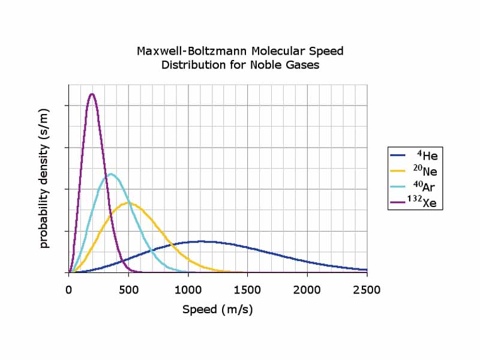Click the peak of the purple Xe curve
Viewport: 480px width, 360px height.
click(x=92, y=94)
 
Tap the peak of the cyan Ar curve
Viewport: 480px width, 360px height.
click(x=111, y=174)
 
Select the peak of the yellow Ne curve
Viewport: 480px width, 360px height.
click(x=128, y=203)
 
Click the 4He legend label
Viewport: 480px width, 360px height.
click(x=427, y=155)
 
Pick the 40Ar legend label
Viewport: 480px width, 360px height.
click(x=426, y=187)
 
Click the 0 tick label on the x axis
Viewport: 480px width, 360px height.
click(x=69, y=290)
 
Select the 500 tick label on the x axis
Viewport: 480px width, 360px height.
click(x=128, y=290)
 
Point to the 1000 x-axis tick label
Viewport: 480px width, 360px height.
click(x=188, y=290)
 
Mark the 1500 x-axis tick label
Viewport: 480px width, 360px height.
click(x=247, y=290)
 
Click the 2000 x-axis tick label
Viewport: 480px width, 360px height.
click(x=307, y=290)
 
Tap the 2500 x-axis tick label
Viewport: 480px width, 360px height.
click(x=367, y=290)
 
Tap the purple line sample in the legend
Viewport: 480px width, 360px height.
click(x=398, y=203)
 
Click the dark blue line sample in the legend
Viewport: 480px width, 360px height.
click(x=398, y=155)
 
